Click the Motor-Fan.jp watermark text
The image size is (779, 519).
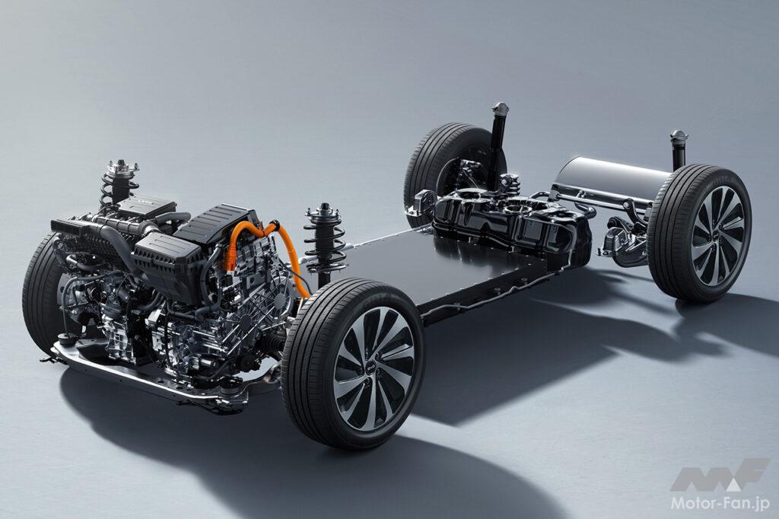click(x=720, y=504)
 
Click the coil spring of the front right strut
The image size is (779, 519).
click(x=325, y=244)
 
